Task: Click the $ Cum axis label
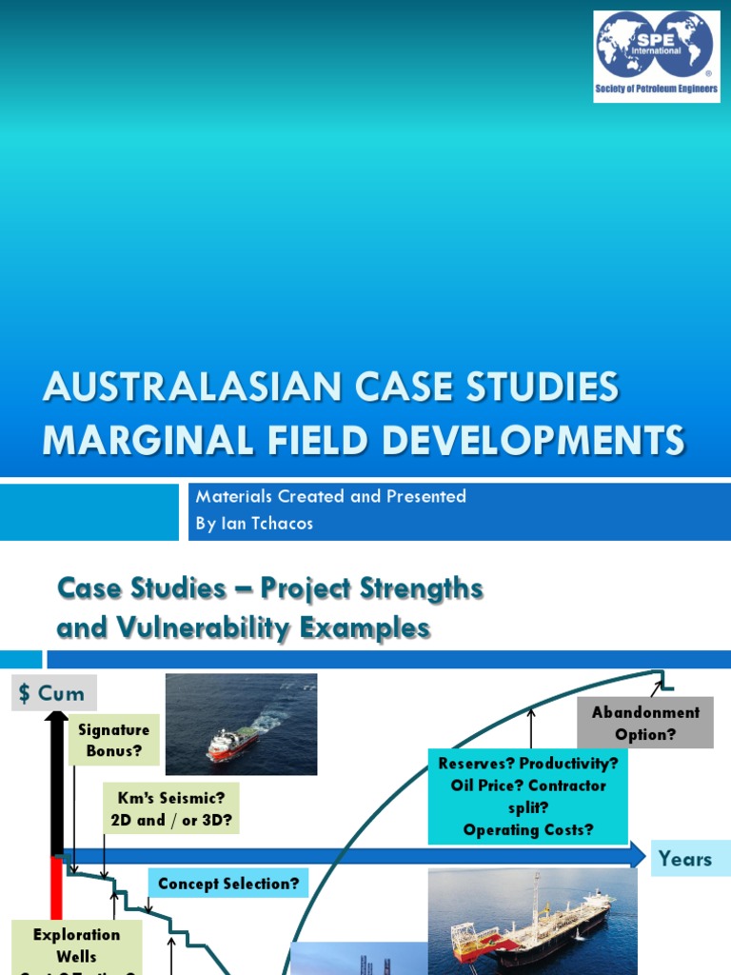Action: click(x=54, y=693)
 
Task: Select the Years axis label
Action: click(x=684, y=859)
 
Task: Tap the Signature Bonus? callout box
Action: click(x=114, y=740)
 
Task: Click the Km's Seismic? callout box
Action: click(x=171, y=808)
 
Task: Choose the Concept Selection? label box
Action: click(x=228, y=884)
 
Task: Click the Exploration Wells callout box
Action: click(x=76, y=945)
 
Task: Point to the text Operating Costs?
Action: click(x=528, y=829)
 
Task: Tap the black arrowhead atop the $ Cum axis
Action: click(x=56, y=716)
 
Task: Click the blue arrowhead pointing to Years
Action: click(x=637, y=855)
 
